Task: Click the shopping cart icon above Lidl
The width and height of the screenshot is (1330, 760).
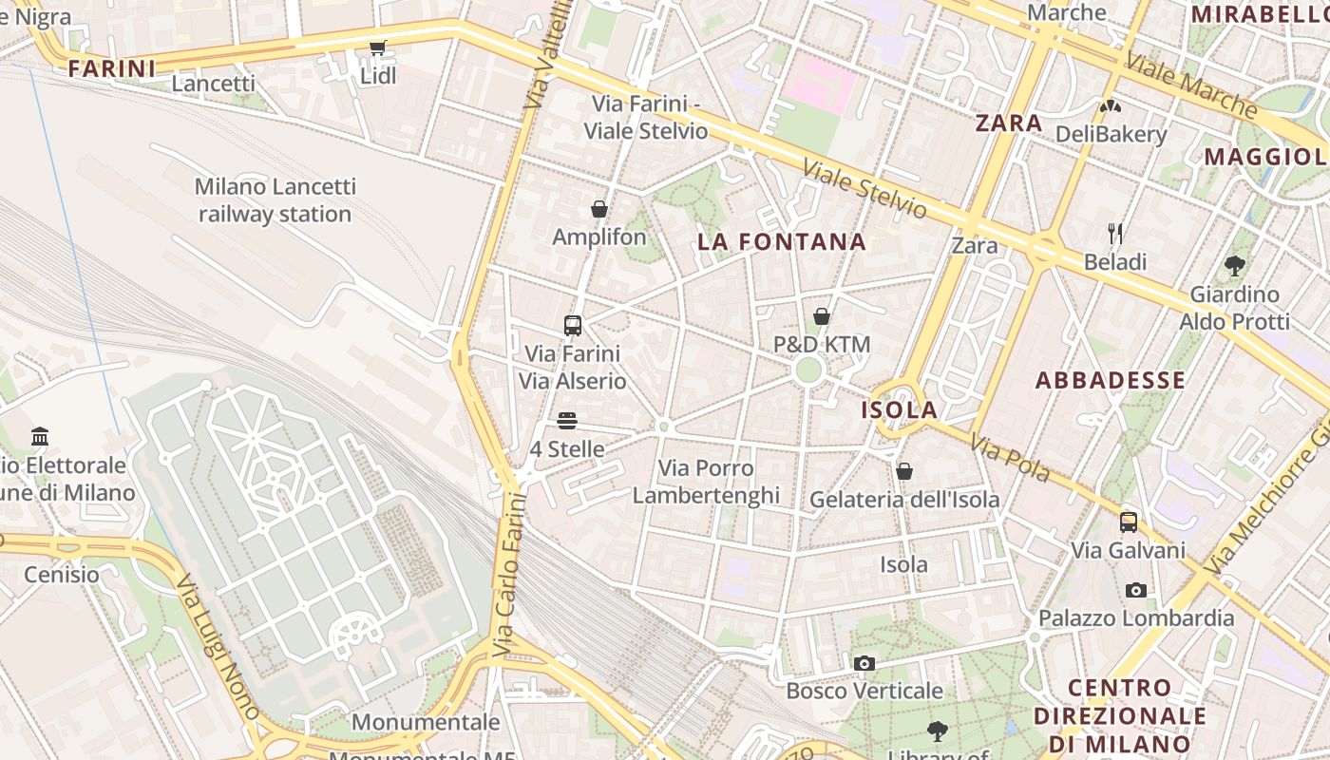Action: pyautogui.click(x=378, y=47)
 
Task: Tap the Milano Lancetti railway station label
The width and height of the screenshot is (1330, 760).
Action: pyautogui.click(x=275, y=200)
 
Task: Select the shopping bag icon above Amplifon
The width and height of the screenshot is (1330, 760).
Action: pyautogui.click(x=599, y=209)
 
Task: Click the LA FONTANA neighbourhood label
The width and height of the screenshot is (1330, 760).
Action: pyautogui.click(x=782, y=241)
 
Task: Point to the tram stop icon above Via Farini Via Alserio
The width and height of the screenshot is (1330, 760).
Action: pyautogui.click(x=573, y=326)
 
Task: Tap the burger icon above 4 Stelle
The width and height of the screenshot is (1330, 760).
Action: pyautogui.click(x=567, y=420)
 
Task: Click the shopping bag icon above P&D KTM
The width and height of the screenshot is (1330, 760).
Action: pyautogui.click(x=822, y=316)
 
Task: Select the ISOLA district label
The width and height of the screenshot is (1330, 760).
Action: pyautogui.click(x=899, y=410)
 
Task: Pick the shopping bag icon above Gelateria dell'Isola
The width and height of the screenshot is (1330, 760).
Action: pyautogui.click(x=904, y=471)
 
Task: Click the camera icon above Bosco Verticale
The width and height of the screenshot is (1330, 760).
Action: pyautogui.click(x=864, y=663)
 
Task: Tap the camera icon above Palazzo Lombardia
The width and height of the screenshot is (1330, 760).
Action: pyautogui.click(x=1135, y=590)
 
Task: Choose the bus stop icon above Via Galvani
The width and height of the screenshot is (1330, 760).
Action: pyautogui.click(x=1129, y=522)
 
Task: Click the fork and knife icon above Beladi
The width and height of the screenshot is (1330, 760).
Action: pyautogui.click(x=1115, y=233)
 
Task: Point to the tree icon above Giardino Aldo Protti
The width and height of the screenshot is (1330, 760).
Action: pyautogui.click(x=1234, y=266)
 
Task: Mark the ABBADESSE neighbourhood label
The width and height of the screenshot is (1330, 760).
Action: pyautogui.click(x=1110, y=381)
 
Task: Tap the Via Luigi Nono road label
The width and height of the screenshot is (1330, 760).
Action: pyautogui.click(x=218, y=646)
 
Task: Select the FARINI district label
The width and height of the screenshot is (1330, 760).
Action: pyautogui.click(x=112, y=68)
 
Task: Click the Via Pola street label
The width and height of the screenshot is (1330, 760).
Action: pyautogui.click(x=1009, y=457)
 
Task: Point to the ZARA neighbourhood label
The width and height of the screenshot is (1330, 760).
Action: pyautogui.click(x=1009, y=123)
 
